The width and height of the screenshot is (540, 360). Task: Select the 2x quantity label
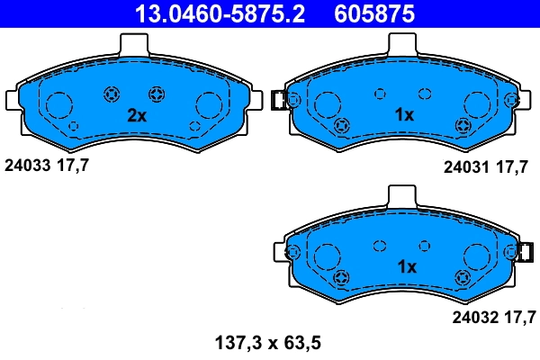[136, 116]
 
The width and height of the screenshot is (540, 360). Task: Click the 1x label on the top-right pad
[405, 115]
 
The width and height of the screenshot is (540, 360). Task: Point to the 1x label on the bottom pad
[407, 267]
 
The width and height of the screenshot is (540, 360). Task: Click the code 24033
[27, 165]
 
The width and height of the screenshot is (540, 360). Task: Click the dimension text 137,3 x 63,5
[267, 342]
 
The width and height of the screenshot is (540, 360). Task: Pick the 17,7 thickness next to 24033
[74, 165]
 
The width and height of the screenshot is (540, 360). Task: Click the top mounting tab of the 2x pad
[133, 43]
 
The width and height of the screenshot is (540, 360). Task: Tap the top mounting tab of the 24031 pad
[401, 43]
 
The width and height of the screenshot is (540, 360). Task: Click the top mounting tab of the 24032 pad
[401, 195]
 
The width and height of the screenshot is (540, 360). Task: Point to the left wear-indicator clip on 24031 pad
[279, 100]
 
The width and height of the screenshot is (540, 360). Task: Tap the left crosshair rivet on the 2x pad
[113, 94]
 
